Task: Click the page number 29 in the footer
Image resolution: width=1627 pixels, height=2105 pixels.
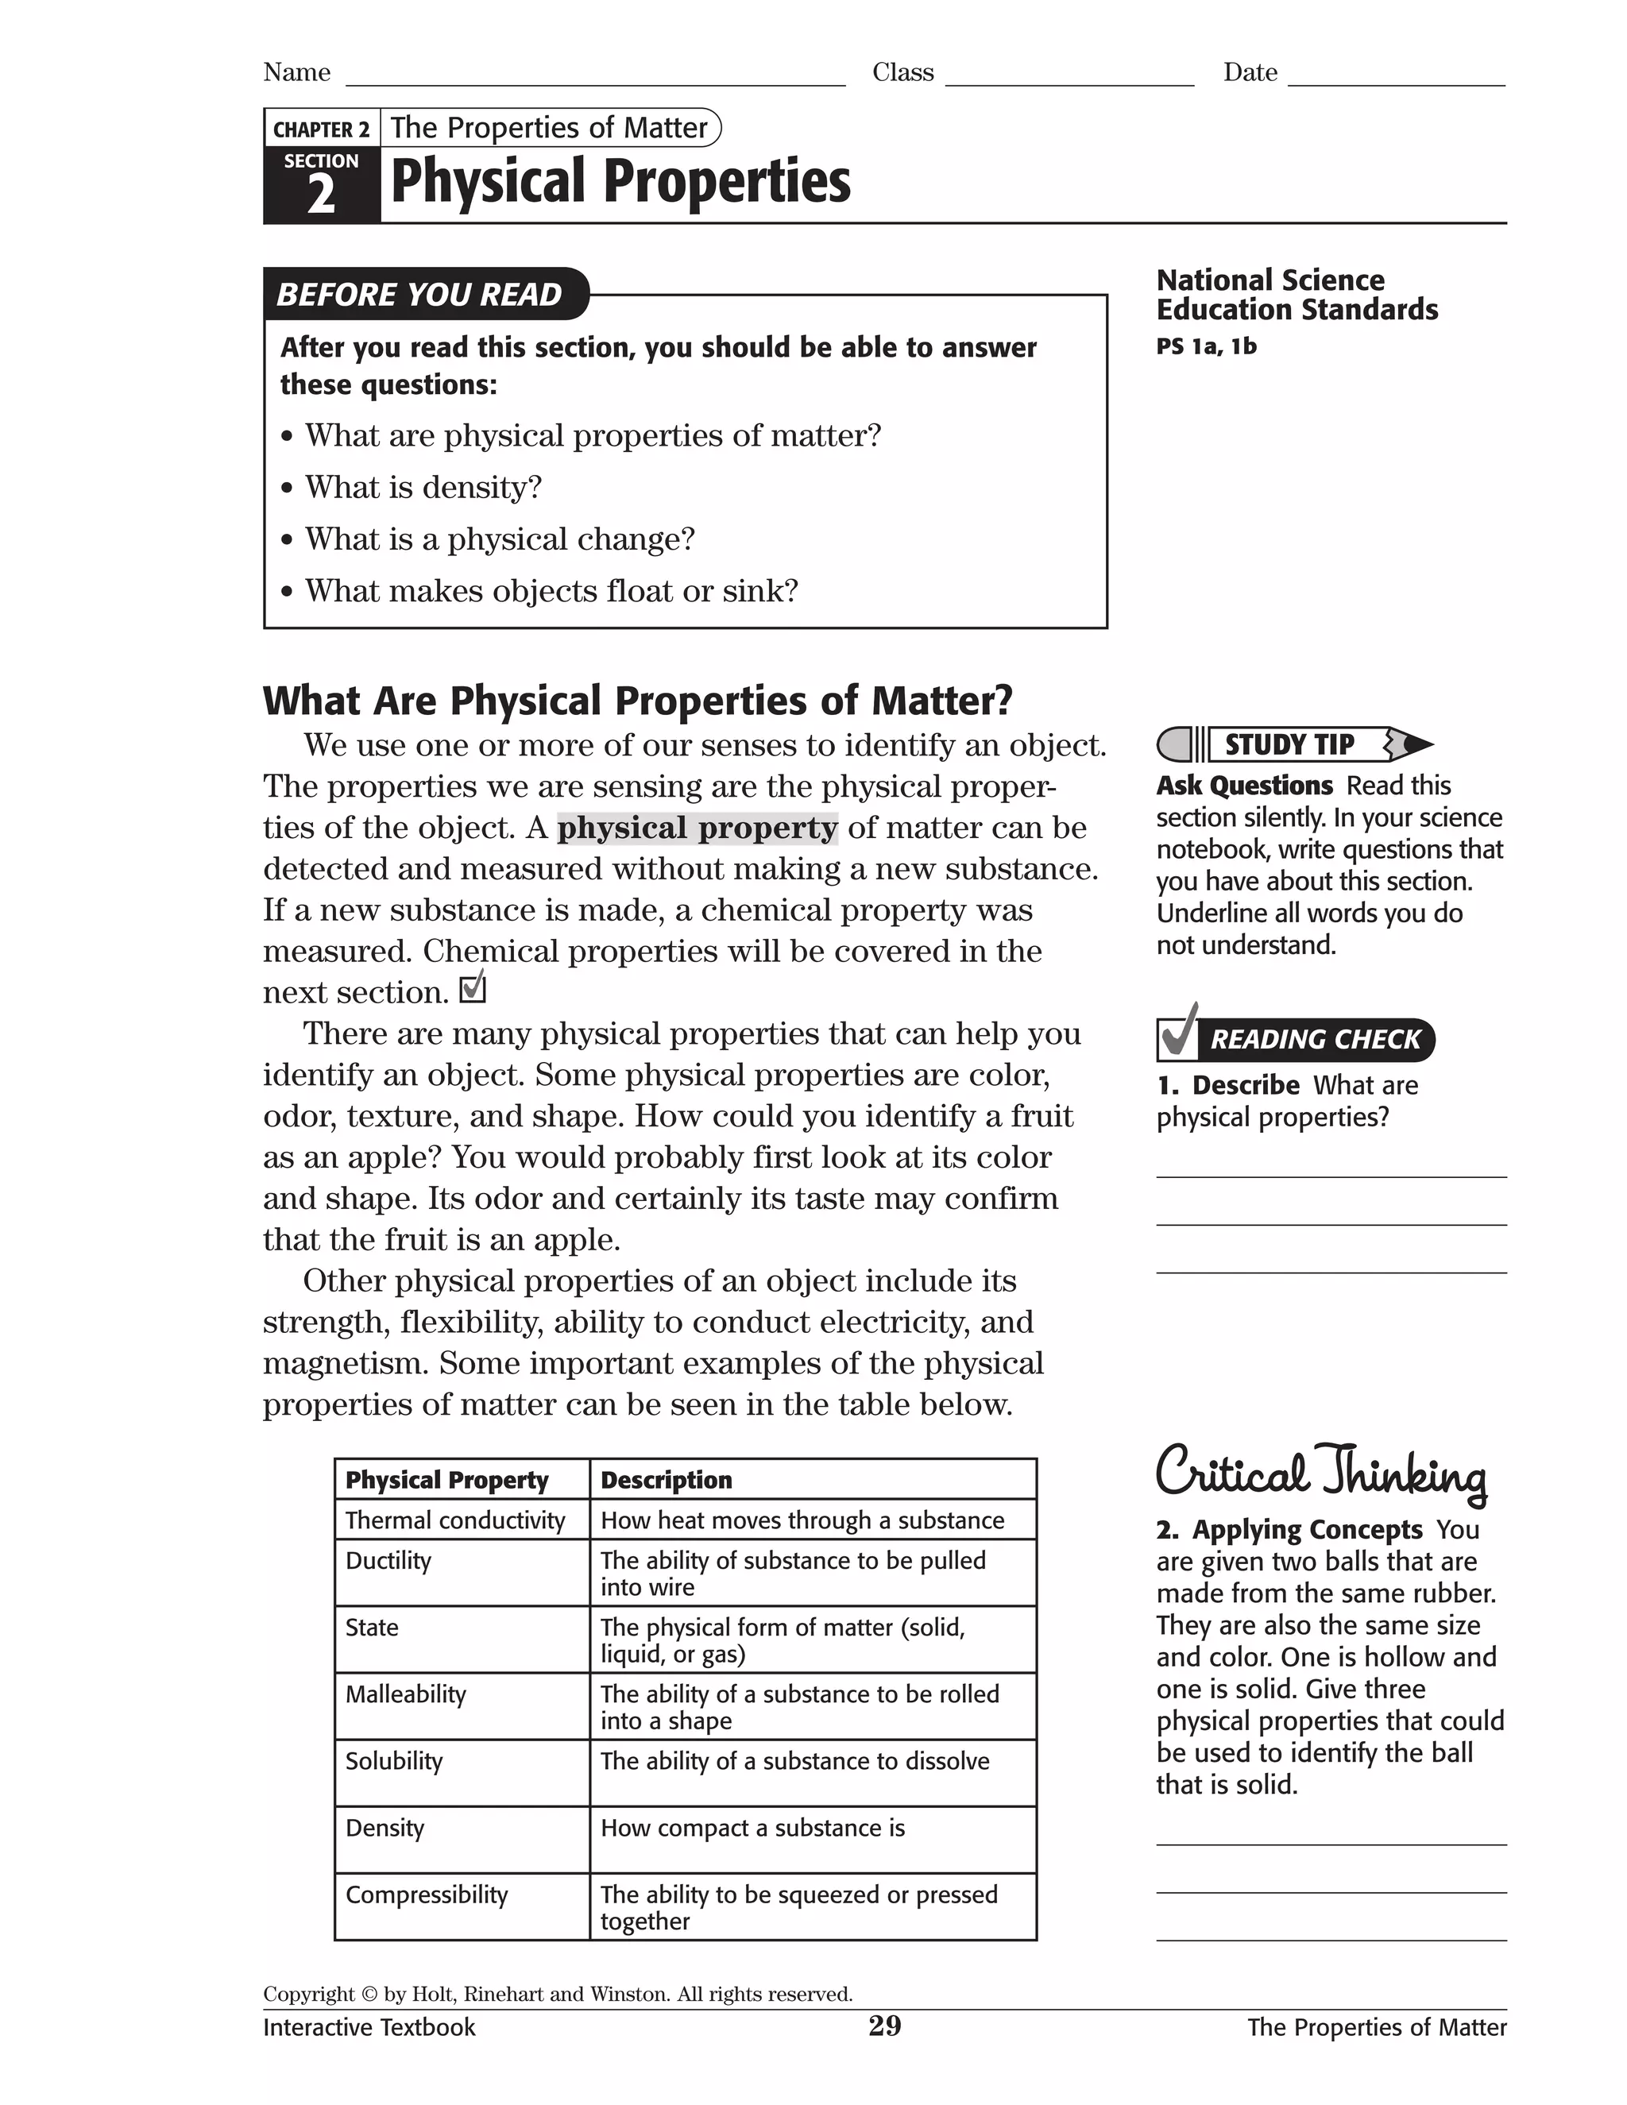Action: [x=884, y=2026]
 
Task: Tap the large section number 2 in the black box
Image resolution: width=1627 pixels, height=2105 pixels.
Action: [x=321, y=195]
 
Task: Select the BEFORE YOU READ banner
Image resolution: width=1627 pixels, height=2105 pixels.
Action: [x=421, y=294]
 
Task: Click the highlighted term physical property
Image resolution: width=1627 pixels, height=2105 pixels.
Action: [x=697, y=828]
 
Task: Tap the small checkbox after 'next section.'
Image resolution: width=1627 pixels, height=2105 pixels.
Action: [x=473, y=990]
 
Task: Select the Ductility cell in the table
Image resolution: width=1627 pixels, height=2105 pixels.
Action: [x=388, y=1560]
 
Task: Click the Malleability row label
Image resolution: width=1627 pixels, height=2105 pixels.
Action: [x=406, y=1694]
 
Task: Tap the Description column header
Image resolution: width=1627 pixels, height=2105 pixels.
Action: [x=666, y=1480]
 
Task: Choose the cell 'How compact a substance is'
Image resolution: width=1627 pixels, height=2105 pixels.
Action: [x=753, y=1829]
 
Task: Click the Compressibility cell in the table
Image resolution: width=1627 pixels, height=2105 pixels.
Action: [x=426, y=1894]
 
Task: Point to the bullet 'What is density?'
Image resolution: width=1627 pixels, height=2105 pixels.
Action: [x=423, y=488]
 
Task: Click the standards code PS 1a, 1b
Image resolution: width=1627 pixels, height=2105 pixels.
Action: [x=1206, y=346]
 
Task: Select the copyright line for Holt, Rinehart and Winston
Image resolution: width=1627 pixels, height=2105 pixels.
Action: [x=557, y=1994]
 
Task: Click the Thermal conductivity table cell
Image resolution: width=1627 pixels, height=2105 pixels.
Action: [x=455, y=1520]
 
